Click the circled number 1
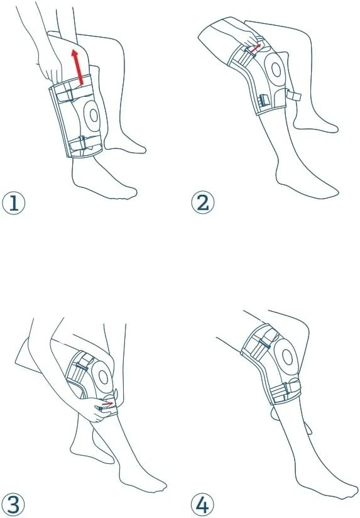coord(14,203)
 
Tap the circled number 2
coord(203,203)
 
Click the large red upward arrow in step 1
coord(78,67)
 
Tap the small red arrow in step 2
coord(255,48)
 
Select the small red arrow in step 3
coord(107,404)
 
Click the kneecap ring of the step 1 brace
coord(94,115)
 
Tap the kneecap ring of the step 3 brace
coord(104,377)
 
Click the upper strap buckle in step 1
coord(70,95)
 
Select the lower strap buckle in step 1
coord(82,143)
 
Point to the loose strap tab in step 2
coord(293,96)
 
